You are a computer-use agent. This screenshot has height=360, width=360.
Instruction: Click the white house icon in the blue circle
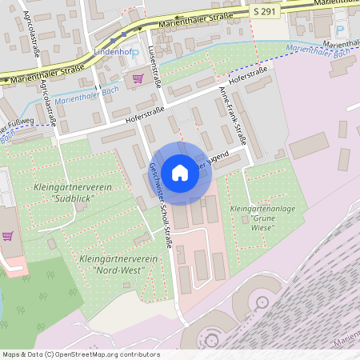click(x=180, y=172)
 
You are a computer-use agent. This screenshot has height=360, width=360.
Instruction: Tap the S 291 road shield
click(x=267, y=10)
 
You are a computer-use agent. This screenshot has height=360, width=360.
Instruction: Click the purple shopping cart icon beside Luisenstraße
click(x=138, y=78)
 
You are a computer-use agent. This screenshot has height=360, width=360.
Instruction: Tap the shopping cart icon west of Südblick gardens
click(x=8, y=237)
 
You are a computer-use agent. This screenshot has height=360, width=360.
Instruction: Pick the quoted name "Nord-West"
click(x=115, y=270)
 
